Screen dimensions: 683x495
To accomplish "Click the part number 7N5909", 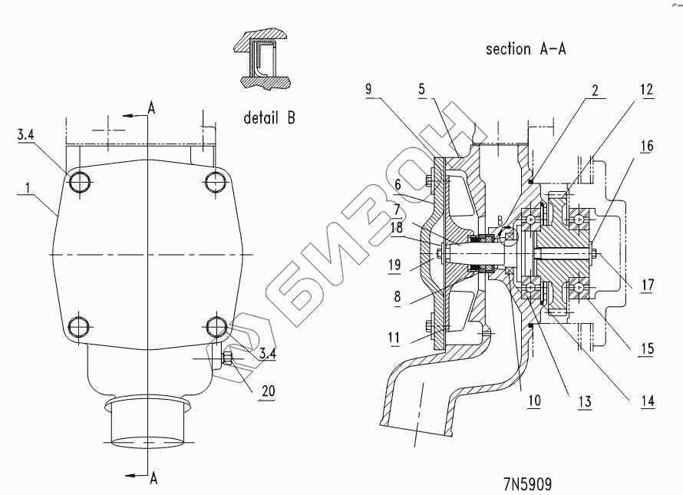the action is tap(527, 484).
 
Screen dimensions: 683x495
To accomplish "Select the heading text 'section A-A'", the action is tap(526, 49).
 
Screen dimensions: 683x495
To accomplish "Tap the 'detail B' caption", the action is tap(269, 117).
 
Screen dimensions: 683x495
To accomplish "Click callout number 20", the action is tap(269, 391).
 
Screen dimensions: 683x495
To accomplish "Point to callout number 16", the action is tap(647, 146).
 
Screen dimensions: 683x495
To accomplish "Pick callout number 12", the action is tap(647, 90).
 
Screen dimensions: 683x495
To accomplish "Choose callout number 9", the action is tap(369, 89).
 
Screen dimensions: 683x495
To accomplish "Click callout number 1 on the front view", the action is tap(28, 188).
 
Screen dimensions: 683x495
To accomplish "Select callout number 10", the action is tap(534, 400).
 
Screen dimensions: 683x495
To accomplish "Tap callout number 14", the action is tap(648, 401).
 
